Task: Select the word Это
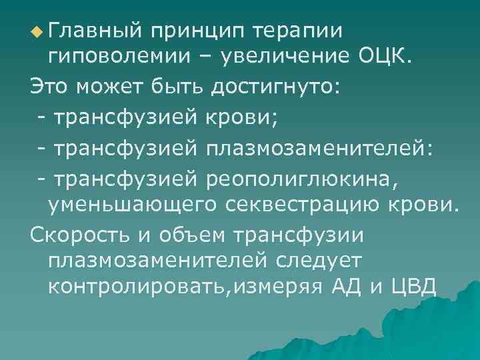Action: [x=50, y=87]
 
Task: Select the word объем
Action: [x=189, y=234]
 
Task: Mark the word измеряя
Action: [x=274, y=289]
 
